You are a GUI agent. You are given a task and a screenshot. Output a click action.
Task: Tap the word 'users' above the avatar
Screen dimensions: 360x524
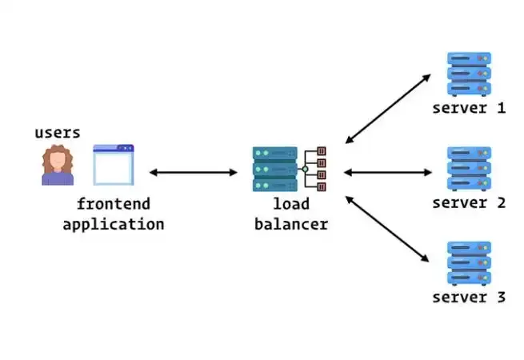click(58, 133)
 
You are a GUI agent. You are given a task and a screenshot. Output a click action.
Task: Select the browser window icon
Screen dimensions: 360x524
click(114, 166)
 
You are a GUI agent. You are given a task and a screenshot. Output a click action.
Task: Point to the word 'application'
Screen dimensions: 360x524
click(113, 224)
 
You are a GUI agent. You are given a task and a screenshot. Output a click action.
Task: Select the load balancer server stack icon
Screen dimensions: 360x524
click(274, 169)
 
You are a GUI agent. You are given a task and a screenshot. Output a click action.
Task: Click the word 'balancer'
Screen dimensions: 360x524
click(290, 224)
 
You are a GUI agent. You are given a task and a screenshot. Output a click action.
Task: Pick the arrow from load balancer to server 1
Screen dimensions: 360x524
click(388, 109)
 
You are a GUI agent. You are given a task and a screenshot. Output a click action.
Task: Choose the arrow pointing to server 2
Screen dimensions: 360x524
click(388, 172)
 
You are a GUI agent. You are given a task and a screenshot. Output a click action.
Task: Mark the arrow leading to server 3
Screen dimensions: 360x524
click(388, 230)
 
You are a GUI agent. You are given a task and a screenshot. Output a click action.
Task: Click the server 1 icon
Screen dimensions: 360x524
click(469, 74)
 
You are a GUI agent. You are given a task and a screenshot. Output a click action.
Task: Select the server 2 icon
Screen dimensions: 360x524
click(469, 169)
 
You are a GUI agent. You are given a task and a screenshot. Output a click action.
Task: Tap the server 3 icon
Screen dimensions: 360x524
click(469, 263)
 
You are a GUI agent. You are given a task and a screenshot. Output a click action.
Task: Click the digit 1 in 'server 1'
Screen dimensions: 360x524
click(500, 108)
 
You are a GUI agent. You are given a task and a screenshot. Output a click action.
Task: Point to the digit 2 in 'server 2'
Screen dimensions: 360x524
click(500, 202)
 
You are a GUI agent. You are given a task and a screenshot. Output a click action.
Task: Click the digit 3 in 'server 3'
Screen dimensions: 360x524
click(500, 298)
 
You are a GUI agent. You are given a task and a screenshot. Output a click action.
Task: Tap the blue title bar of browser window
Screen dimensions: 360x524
click(114, 149)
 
